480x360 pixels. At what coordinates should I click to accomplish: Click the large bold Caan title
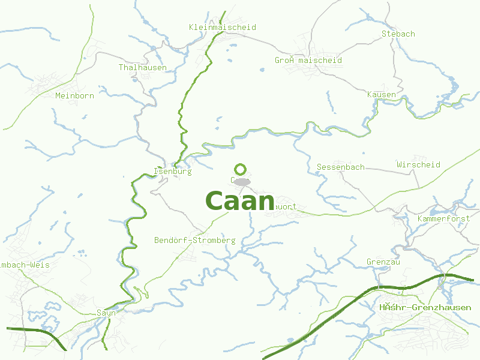point(240,201)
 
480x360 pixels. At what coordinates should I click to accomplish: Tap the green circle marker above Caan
point(241,169)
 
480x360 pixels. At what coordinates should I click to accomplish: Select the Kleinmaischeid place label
point(222,28)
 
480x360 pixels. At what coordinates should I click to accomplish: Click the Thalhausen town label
point(143,68)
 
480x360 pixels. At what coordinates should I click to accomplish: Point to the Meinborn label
point(74,95)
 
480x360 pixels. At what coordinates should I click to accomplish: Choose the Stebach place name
point(398,34)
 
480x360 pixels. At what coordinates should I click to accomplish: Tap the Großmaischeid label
point(308,61)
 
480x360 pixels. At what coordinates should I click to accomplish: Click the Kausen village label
point(382,95)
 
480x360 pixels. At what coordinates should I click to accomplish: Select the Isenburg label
point(173,172)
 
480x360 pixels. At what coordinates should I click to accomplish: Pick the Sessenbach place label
point(340,167)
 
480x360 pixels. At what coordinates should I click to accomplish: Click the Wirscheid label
point(418,165)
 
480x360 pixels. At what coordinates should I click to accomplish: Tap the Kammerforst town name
point(443,219)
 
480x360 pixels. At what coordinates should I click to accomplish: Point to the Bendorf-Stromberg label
point(195,241)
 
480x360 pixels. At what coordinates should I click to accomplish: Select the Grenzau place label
point(383,262)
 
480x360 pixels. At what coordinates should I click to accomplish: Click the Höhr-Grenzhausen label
point(425,308)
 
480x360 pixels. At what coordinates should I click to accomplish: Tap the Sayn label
point(106,313)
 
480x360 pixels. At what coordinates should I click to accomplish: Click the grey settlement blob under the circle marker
point(241,182)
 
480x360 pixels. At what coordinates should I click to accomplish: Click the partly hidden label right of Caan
point(286,207)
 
